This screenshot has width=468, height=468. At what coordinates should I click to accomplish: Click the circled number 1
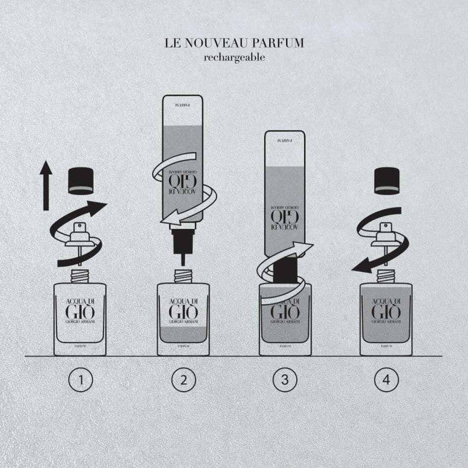81,380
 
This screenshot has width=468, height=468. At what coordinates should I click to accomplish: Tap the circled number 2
184,380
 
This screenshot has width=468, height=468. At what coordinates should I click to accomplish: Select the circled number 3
285,380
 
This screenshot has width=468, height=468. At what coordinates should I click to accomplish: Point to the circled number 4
387,380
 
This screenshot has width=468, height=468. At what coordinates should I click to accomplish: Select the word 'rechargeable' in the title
235,58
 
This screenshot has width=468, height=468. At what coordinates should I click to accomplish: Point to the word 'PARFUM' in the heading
279,42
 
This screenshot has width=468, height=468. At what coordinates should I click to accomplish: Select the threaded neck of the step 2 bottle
183,276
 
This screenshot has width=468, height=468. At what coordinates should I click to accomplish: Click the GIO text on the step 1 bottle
80,316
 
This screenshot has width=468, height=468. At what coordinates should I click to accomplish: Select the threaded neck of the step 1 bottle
80,276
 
